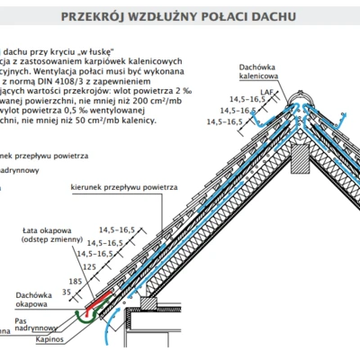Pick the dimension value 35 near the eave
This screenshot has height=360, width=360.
tap(66, 292)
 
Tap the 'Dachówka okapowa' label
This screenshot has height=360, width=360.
tap(31, 300)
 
